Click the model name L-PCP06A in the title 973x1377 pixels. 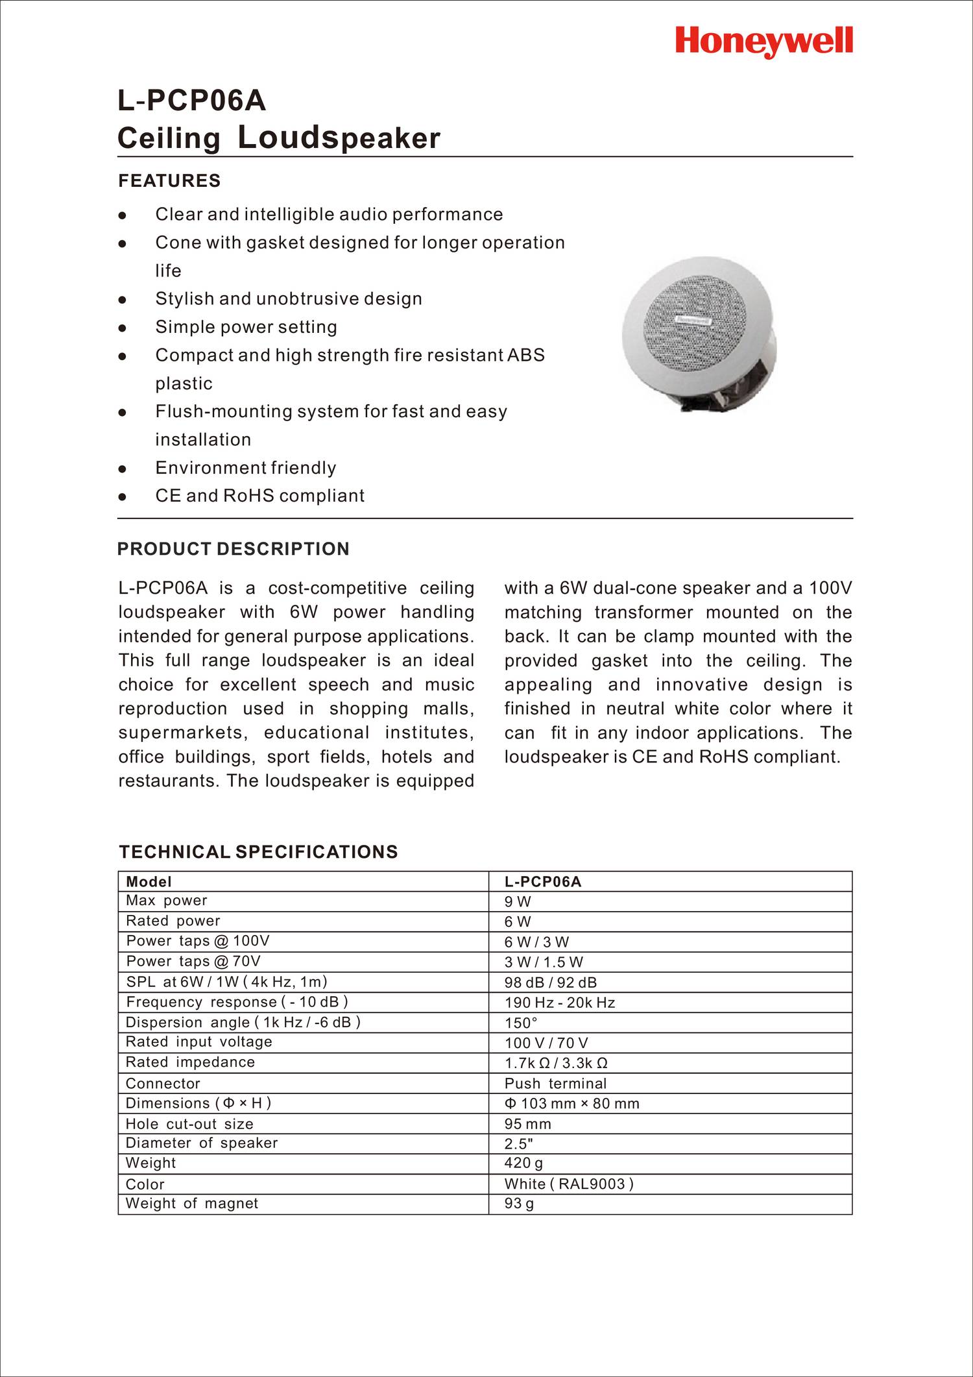pos(191,101)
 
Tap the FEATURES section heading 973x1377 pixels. pos(169,180)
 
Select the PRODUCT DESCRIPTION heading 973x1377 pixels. pos(233,549)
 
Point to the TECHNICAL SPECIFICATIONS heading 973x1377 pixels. pos(258,852)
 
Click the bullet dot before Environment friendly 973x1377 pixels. pos(121,469)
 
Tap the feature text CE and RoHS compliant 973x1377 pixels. pos(259,496)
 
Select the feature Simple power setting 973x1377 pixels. pos(246,327)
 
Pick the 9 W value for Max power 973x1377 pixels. pos(518,901)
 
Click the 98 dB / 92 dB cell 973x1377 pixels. pos(550,982)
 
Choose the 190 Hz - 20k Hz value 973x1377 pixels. pos(559,1003)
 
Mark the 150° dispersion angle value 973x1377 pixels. pos(521,1023)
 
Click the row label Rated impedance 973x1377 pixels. pos(190,1062)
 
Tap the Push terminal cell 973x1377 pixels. pos(555,1083)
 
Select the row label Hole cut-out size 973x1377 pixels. pos(189,1124)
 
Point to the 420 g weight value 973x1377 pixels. pos(523,1163)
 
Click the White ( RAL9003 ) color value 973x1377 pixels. pos(568,1184)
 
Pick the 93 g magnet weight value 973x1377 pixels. pos(519,1204)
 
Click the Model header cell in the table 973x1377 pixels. pos(149,881)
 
